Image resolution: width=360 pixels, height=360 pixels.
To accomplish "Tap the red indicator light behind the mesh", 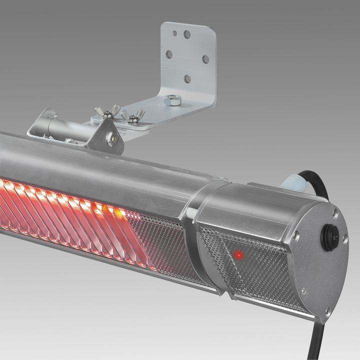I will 238,256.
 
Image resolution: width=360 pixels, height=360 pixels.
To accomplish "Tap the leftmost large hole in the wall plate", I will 169,54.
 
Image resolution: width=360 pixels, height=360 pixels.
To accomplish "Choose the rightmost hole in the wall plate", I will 205,59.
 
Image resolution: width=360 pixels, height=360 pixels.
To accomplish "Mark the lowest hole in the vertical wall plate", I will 187,78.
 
